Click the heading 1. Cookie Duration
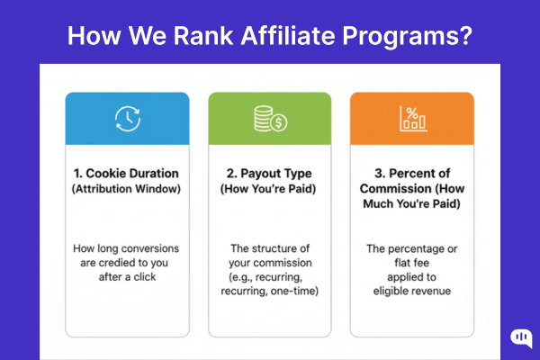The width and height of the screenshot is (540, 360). tap(127, 172)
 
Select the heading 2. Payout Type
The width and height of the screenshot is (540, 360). tap(269, 172)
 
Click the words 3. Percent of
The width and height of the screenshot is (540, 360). tap(413, 172)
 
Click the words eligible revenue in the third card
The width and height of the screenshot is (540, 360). tap(413, 292)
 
